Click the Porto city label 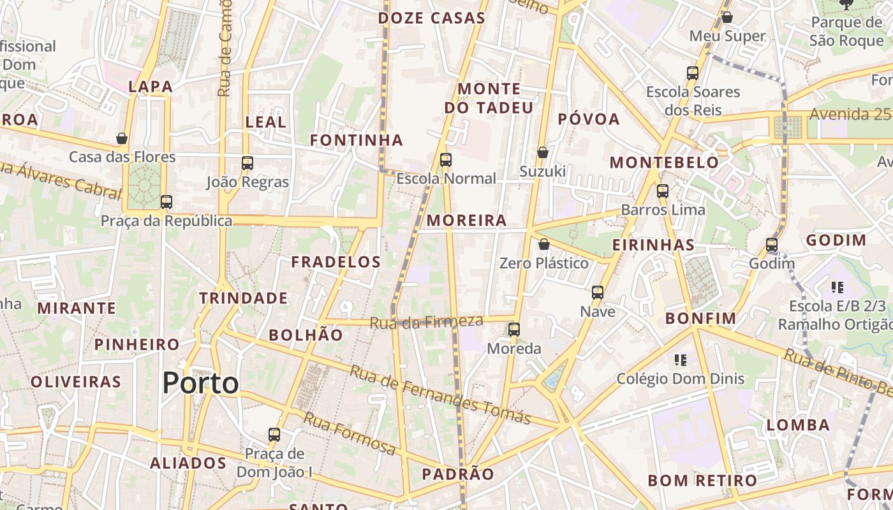tap(200, 383)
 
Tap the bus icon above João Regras tap(247, 163)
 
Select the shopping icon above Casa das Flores tap(122, 138)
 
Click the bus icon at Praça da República tap(166, 202)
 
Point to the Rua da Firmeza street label tap(426, 322)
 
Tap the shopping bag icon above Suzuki tap(543, 152)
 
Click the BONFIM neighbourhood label tap(700, 318)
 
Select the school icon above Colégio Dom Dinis tap(680, 360)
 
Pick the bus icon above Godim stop tap(772, 245)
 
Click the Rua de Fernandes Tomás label tap(440, 395)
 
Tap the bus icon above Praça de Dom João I tap(274, 435)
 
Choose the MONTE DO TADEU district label tap(489, 98)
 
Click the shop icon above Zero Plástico tap(544, 244)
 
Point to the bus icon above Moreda tap(514, 330)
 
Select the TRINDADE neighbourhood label tap(243, 298)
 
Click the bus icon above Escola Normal tap(446, 160)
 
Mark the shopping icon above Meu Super tap(727, 17)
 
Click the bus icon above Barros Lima tap(663, 191)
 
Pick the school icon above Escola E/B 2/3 tap(838, 288)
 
